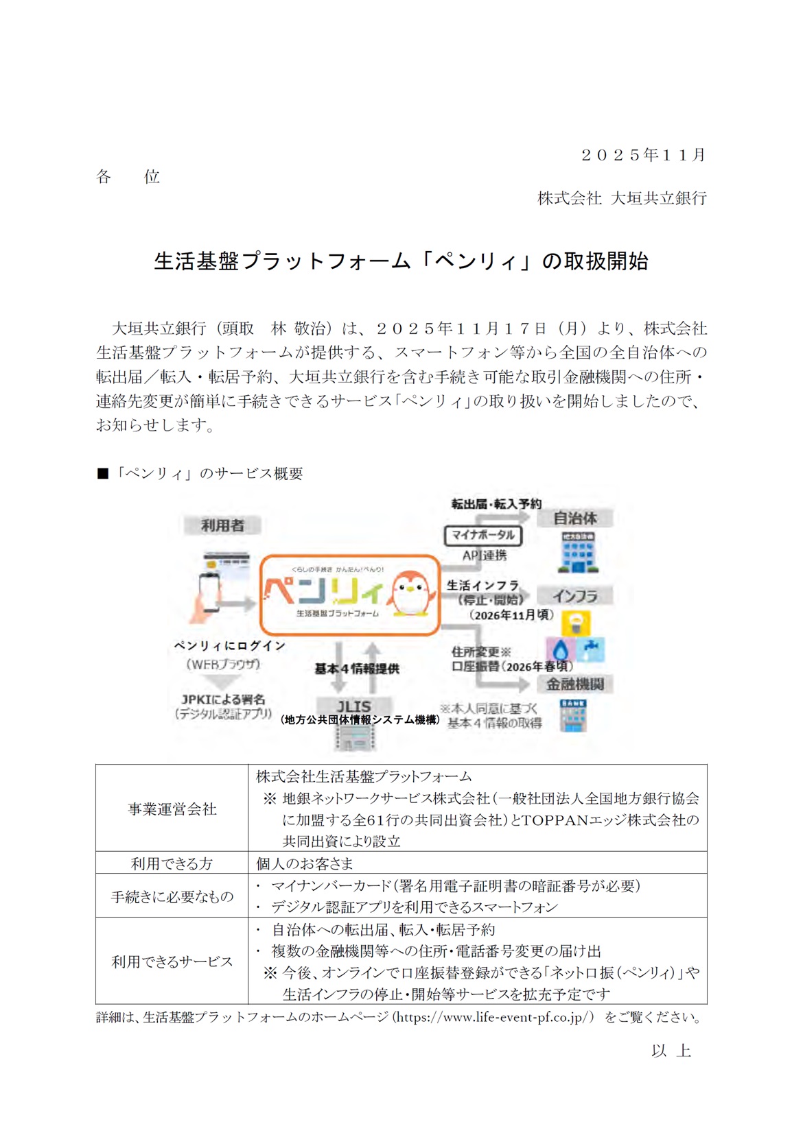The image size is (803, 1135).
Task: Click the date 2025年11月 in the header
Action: click(x=643, y=155)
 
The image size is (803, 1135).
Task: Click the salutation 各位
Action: click(x=128, y=177)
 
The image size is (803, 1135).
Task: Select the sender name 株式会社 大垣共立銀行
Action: click(x=622, y=198)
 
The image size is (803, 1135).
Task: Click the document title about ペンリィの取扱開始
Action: click(x=401, y=261)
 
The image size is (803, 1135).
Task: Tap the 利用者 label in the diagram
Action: click(x=222, y=525)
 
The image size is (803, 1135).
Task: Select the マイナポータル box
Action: click(x=483, y=535)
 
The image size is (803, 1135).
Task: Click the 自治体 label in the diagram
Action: click(x=574, y=518)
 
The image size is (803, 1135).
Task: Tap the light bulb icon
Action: click(x=576, y=623)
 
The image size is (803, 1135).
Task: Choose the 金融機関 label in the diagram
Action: click(x=574, y=684)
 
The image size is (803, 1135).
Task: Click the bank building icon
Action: click(x=573, y=716)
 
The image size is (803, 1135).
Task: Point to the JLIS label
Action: click(x=353, y=706)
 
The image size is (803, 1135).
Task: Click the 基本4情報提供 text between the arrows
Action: click(x=357, y=669)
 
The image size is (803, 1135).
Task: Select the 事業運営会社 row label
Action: click(x=172, y=809)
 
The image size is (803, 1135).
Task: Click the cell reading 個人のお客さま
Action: click(x=304, y=863)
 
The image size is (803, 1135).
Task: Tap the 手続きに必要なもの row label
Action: click(x=172, y=896)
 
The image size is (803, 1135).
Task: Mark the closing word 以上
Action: click(x=671, y=1051)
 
